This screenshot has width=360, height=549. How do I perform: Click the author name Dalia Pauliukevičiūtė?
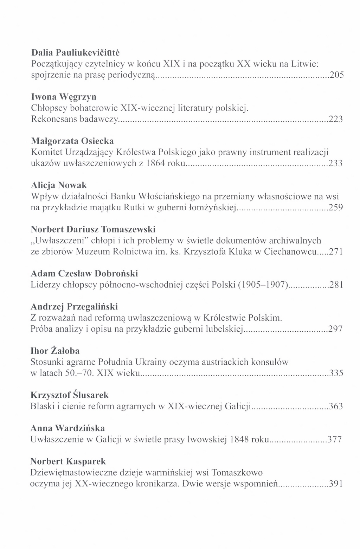pos(75,53)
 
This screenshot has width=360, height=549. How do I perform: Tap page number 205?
pos(336,75)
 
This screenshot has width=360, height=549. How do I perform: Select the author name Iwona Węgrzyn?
pos(64,97)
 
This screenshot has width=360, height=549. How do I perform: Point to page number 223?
pos(336,119)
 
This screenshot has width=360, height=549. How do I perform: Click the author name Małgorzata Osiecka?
pos(72,141)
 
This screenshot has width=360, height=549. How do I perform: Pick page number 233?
pos(336,164)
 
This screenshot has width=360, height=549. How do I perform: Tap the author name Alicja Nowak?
pos(59,185)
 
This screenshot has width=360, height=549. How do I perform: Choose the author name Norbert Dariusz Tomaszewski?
pos(93,229)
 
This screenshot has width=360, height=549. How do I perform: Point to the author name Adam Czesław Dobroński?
pos(84,273)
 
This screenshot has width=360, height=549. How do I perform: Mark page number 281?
pos(336,285)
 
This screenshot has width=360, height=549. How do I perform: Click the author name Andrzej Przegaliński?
pos(74,306)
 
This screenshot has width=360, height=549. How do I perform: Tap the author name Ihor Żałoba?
pos(55,351)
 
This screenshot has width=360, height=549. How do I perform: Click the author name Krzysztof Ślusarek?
pos(70,395)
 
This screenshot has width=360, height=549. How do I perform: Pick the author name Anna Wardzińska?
pos(67,428)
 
